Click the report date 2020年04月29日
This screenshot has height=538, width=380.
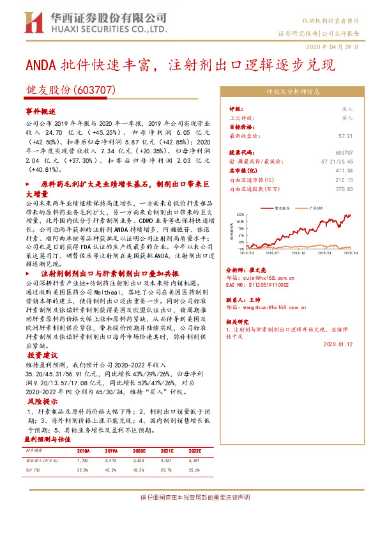click(x=337, y=47)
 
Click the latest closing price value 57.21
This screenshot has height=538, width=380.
click(x=345, y=136)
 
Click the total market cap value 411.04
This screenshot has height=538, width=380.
click(x=344, y=171)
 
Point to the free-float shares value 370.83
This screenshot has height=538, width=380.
click(x=344, y=189)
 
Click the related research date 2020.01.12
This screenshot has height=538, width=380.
click(x=338, y=344)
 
